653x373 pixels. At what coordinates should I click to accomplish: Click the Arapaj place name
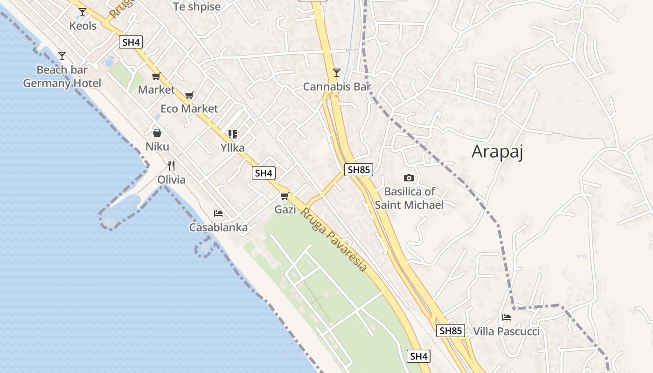point(497,152)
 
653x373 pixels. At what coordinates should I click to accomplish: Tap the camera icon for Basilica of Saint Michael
point(409,178)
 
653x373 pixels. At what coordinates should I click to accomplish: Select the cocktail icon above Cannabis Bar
point(336,72)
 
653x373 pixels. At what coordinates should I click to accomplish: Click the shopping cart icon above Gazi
point(285,196)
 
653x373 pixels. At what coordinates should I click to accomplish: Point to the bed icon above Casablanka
point(218,214)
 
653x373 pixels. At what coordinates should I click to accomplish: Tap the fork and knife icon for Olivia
point(171,166)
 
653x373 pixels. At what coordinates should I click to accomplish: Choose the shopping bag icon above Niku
point(157,133)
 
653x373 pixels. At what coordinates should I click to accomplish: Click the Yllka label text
point(232,148)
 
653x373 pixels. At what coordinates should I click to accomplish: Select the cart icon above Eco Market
point(189,95)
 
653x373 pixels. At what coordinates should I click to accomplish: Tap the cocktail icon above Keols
point(83,12)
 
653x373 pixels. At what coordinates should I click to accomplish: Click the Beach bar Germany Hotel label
point(62,77)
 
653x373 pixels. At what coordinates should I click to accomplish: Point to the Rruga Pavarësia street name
point(333,240)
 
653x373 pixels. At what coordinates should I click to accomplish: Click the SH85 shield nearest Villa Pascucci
point(451,331)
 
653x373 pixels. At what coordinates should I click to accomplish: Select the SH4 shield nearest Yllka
point(264,173)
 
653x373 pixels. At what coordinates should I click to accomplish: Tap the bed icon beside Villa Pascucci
point(506,318)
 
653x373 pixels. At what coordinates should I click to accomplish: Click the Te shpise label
point(196,7)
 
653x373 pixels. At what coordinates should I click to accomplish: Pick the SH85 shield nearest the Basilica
point(359,170)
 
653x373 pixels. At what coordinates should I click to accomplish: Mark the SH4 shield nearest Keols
point(131,42)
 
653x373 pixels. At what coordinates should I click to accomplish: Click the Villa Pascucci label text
point(506,332)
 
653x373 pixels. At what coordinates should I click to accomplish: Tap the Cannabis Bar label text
point(336,87)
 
